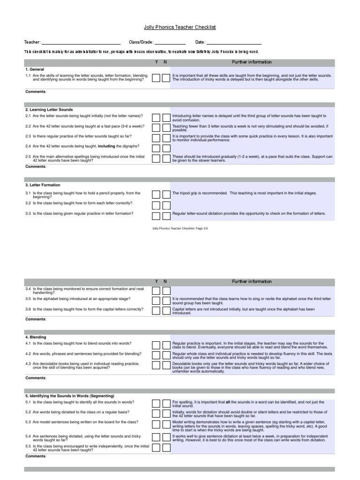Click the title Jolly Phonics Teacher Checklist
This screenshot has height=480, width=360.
tap(180, 28)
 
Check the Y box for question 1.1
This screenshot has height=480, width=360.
tap(156, 77)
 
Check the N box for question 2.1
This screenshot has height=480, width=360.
tap(166, 117)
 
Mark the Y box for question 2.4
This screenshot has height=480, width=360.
tap(156, 148)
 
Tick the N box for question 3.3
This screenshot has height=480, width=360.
tap(166, 216)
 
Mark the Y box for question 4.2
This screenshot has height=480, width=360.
tap(156, 355)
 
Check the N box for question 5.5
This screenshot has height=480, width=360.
tap(166, 447)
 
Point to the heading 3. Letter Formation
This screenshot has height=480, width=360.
tap(43, 185)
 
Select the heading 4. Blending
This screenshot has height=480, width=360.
tap(36, 337)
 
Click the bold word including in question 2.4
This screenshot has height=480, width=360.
tap(107, 146)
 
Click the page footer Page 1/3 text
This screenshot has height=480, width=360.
tap(180, 228)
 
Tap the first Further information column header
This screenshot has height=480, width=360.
tap(252, 62)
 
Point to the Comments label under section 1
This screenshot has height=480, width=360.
tap(36, 92)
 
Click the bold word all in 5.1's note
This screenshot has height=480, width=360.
tap(228, 402)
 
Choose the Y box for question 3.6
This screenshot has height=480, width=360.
tap(156, 310)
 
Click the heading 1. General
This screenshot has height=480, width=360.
tap(35, 69)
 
